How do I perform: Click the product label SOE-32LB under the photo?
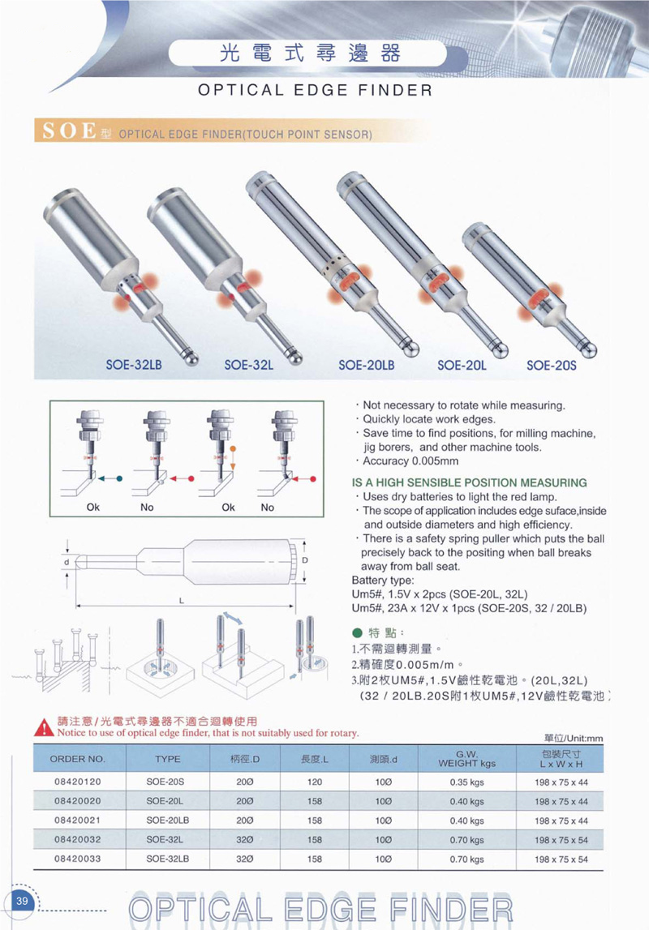(x=135, y=365)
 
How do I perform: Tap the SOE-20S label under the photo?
(x=551, y=365)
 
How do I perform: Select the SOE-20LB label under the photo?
(x=366, y=365)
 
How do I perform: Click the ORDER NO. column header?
(x=78, y=761)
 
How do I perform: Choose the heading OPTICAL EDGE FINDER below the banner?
(x=316, y=90)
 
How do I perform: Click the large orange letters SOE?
(x=68, y=131)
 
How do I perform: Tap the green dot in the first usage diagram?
(x=119, y=479)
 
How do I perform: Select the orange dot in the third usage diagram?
(x=232, y=448)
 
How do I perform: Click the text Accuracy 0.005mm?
(x=410, y=461)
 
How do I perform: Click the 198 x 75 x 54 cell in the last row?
(x=561, y=859)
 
